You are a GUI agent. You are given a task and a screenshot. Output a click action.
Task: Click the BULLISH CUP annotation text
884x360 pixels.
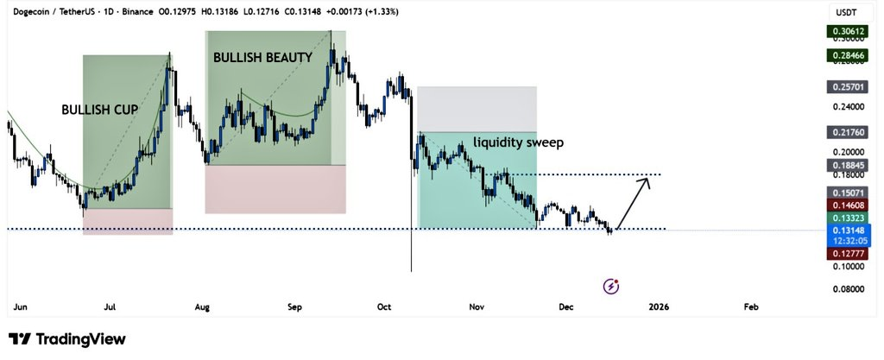99,111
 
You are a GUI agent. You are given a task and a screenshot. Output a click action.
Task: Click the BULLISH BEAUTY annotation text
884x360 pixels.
263,58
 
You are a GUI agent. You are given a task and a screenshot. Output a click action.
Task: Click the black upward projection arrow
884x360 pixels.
635,200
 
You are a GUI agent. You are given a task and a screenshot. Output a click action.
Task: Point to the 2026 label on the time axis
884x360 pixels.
658,306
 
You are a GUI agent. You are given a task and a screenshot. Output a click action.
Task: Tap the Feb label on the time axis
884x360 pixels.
750,306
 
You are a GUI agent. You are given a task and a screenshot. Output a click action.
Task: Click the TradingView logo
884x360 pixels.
67,339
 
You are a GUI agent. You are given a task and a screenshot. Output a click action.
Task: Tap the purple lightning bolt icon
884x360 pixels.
612,285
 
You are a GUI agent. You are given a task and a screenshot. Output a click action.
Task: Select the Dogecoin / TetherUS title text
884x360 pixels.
52,11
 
